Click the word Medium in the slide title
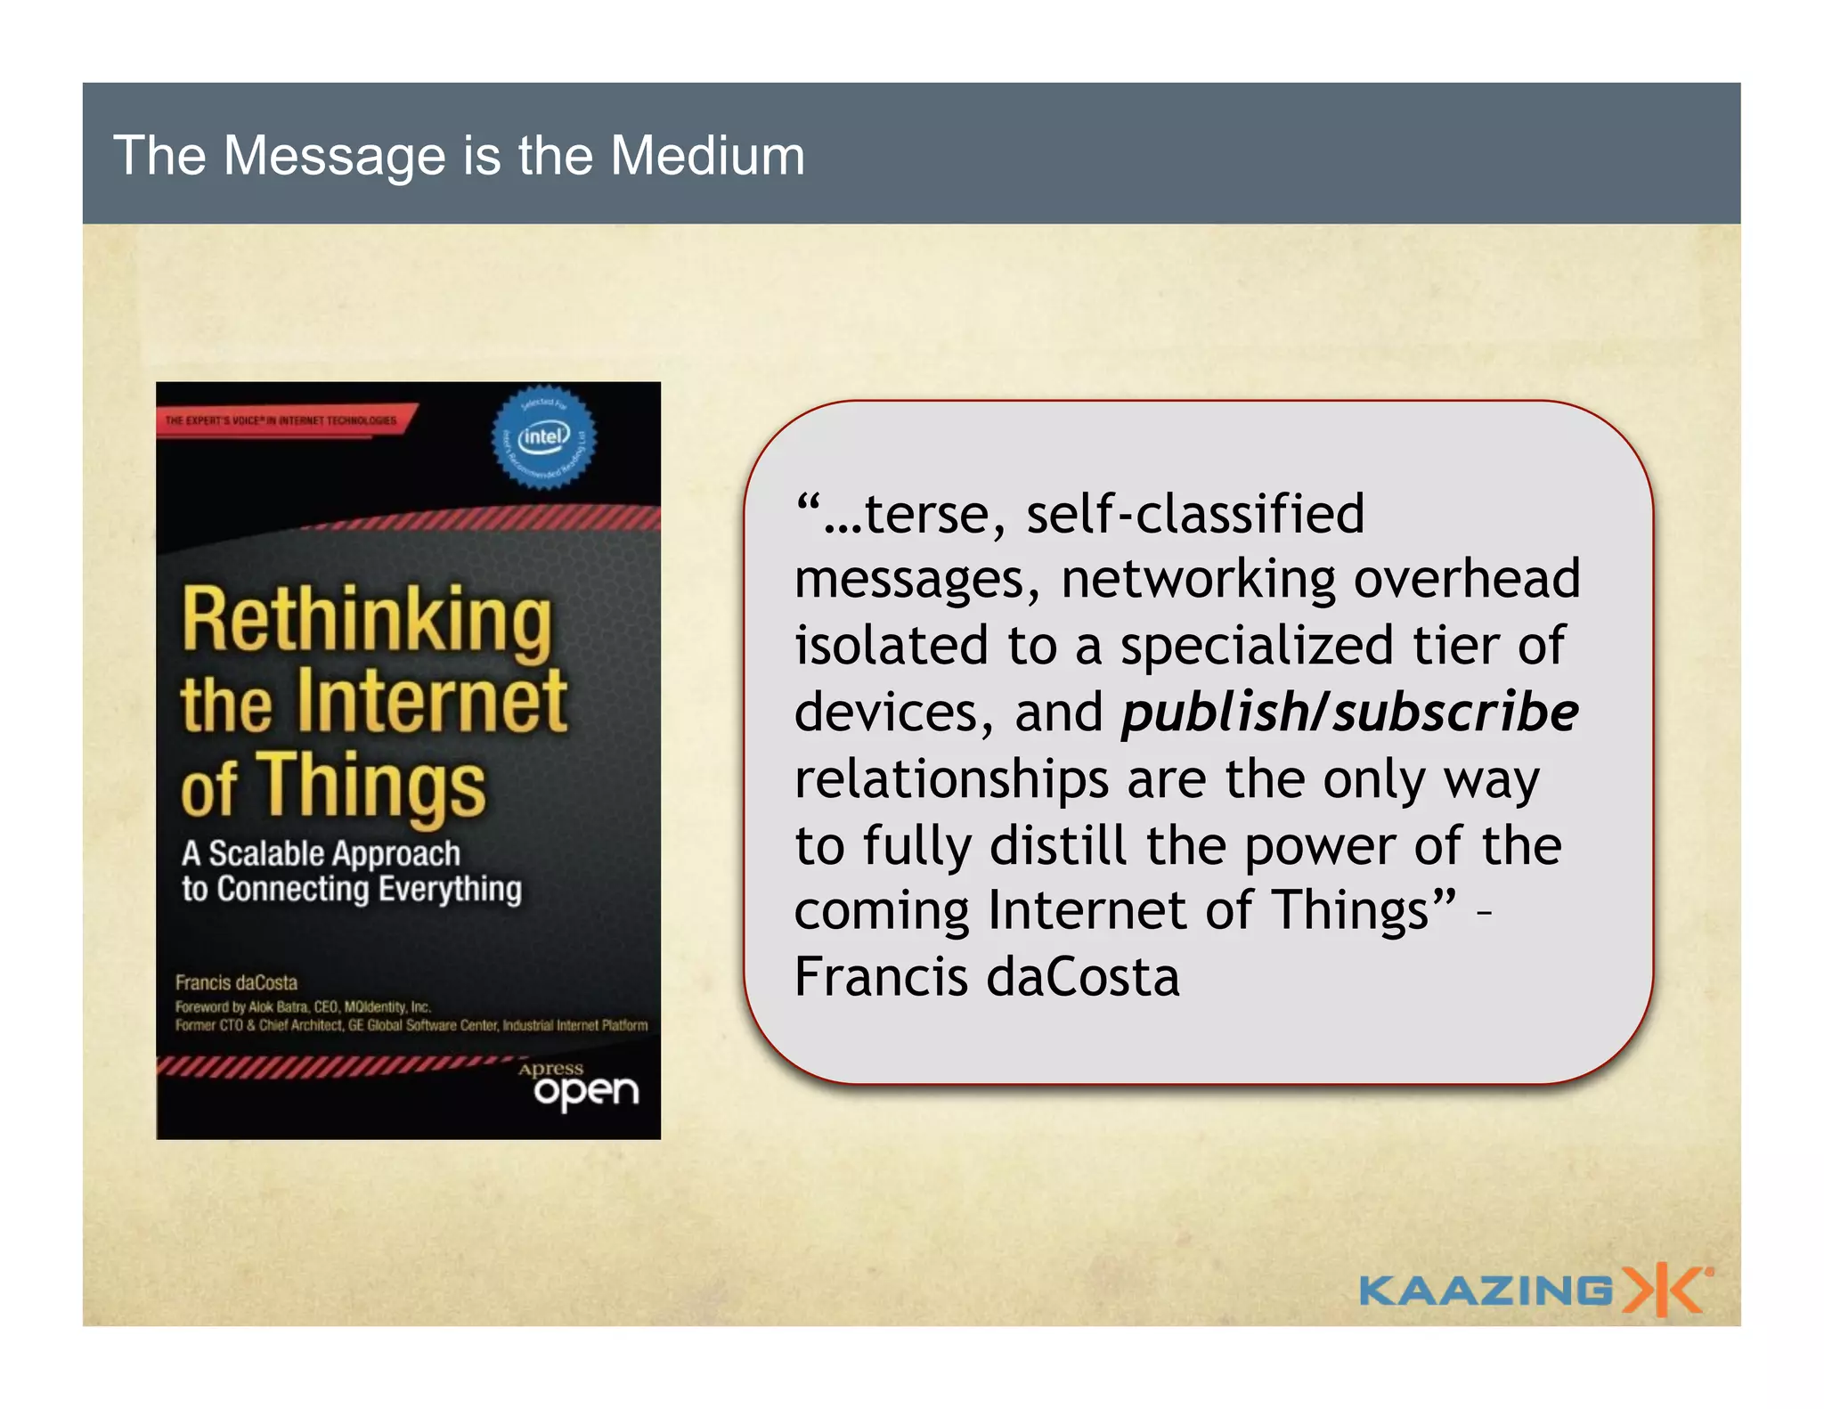707,156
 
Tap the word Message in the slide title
334,156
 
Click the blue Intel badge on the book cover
544,437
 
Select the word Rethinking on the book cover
367,622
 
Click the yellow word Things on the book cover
372,784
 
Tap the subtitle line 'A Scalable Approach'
321,853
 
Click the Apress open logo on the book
583,1085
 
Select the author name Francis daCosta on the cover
236,982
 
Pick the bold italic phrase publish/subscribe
1349,713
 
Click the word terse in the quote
935,514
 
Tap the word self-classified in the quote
1195,514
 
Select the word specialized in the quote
1257,646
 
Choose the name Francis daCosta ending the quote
987,977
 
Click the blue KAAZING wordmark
1485,1291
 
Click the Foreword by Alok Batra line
303,1006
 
